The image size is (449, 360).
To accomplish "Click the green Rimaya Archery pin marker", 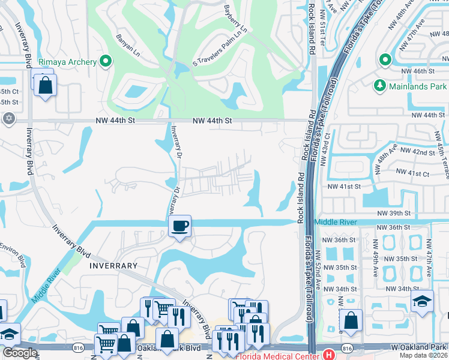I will pos(106,61).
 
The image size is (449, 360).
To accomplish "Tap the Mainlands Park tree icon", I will pos(379,86).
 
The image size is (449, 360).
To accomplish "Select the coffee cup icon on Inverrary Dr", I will pos(179,226).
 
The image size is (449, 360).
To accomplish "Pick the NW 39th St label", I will pos(393,213).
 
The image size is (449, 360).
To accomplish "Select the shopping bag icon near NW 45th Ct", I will pos(45,85).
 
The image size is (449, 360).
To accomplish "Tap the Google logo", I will pos(20,353).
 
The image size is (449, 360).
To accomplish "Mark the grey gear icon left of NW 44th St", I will pos(8,118).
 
